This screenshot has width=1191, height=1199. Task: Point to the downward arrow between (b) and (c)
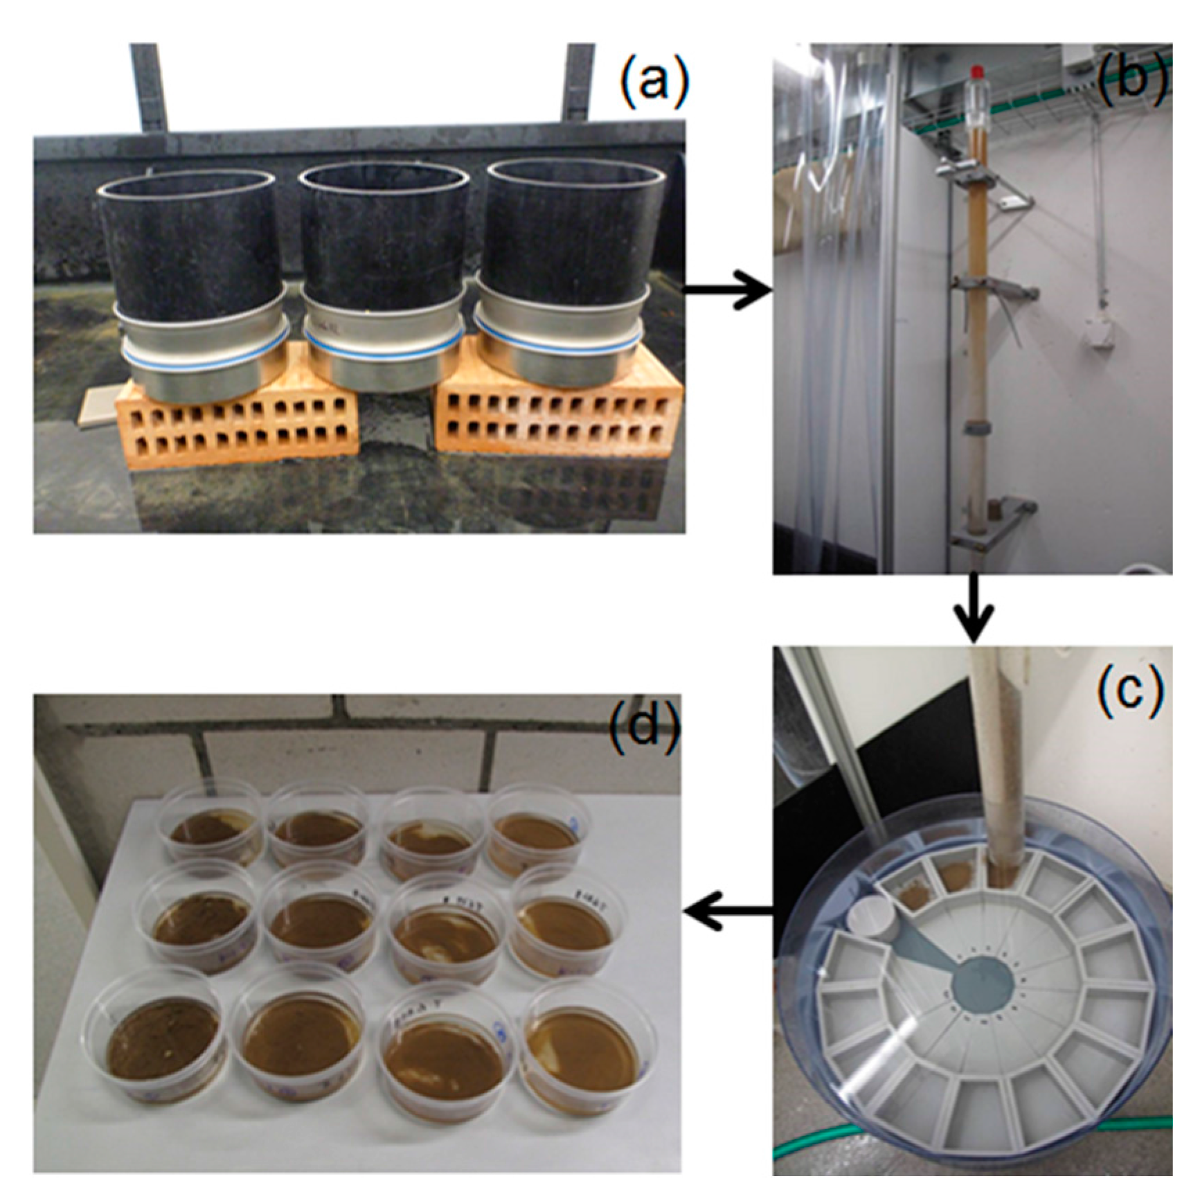point(974,607)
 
